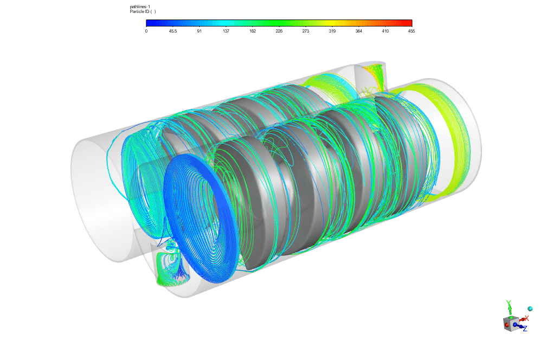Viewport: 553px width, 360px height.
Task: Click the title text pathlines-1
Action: [x=140, y=7]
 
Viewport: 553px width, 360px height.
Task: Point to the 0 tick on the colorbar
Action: [x=146, y=31]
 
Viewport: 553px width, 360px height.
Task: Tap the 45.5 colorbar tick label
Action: [x=173, y=31]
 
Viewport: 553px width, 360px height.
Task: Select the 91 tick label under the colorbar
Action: [x=200, y=31]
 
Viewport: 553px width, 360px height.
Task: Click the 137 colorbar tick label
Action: [x=226, y=31]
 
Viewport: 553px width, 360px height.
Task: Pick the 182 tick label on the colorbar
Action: [x=253, y=31]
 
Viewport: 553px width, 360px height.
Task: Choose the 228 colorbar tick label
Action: [x=279, y=31]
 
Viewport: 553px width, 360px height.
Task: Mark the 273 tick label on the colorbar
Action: [x=305, y=31]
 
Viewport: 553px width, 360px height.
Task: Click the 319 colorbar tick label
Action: [x=332, y=31]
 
